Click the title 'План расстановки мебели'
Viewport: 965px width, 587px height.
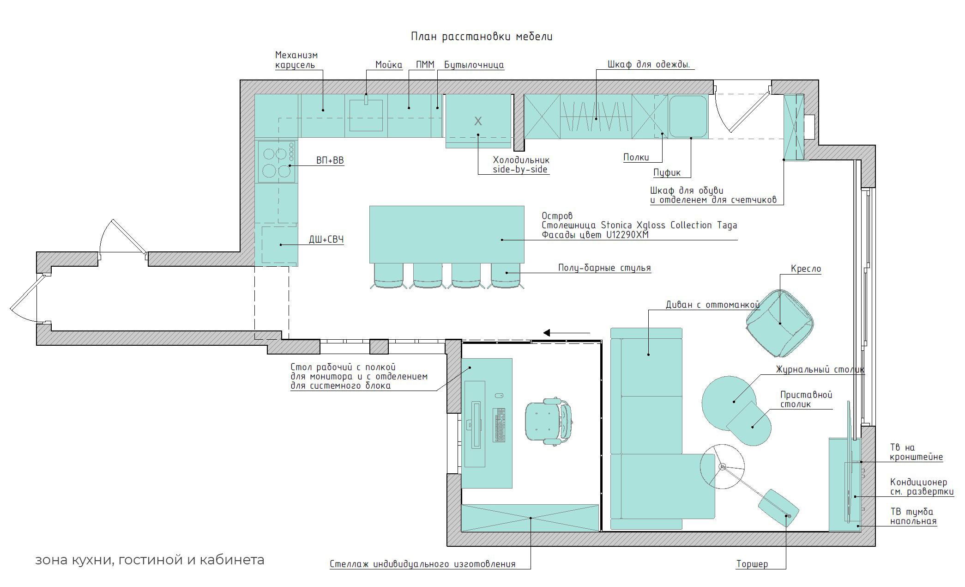(x=482, y=37)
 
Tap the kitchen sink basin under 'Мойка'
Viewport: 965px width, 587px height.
(x=366, y=116)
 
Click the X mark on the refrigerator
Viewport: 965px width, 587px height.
(x=478, y=121)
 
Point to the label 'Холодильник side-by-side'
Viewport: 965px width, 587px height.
(x=521, y=165)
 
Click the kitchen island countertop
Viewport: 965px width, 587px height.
(x=446, y=234)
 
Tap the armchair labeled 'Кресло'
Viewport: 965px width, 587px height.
(x=780, y=323)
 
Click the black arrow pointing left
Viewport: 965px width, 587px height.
(x=567, y=332)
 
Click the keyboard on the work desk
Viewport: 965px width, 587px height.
(x=499, y=425)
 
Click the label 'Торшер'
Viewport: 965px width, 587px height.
(x=752, y=564)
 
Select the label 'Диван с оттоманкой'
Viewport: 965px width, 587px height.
(x=712, y=305)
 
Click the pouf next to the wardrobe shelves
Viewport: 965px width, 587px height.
(x=688, y=116)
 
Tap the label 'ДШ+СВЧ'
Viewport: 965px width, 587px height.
(x=326, y=239)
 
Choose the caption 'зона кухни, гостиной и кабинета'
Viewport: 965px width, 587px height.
(x=150, y=560)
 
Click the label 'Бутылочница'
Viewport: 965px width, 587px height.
(x=474, y=65)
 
